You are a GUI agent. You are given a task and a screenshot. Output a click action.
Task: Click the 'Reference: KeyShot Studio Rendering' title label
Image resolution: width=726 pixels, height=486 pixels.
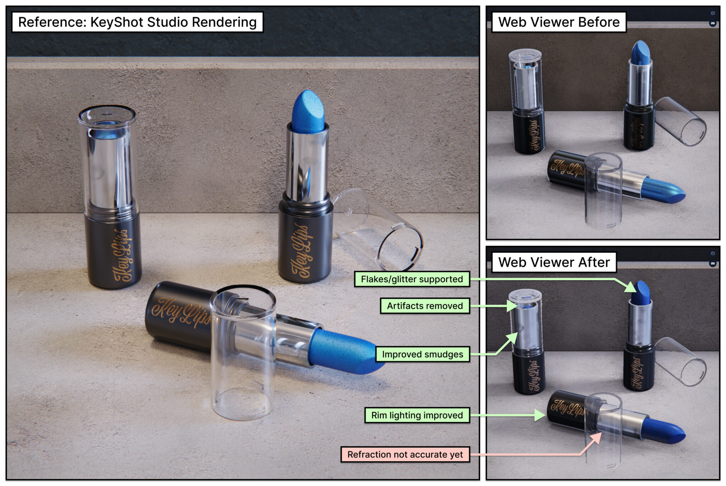coord(138,22)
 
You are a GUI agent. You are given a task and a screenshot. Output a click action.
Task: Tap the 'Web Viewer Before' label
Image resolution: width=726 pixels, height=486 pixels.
coord(559,22)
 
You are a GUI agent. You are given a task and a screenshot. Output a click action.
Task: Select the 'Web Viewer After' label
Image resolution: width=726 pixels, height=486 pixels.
coord(554,262)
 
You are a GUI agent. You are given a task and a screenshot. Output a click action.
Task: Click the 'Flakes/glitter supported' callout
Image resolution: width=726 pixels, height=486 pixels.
coord(412,279)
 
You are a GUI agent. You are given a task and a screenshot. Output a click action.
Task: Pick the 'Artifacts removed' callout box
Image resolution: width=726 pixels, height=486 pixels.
coord(425,306)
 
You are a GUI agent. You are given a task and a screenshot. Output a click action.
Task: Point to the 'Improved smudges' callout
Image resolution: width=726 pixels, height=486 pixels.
coord(423,354)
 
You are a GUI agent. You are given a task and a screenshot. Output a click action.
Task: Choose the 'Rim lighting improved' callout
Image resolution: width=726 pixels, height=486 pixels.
coord(417,415)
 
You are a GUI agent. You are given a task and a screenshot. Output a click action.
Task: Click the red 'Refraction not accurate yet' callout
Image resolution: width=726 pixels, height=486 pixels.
coord(405,454)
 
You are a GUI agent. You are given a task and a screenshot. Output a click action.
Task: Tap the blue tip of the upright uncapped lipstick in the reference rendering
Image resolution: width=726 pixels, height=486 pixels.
coord(308,112)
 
